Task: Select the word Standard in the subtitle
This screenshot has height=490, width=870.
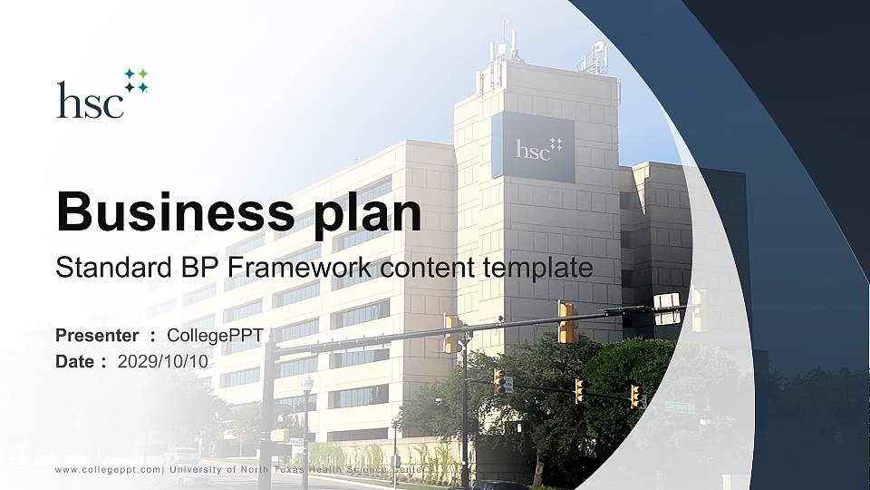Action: click(x=101, y=268)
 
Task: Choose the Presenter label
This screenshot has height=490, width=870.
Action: click(x=97, y=336)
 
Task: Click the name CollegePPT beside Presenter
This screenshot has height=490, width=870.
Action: click(x=215, y=336)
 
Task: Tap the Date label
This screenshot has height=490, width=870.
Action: click(x=75, y=361)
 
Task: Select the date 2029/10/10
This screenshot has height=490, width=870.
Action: click(x=163, y=361)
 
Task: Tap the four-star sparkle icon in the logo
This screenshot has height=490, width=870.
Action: click(x=136, y=80)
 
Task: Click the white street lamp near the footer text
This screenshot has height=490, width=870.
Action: click(x=307, y=386)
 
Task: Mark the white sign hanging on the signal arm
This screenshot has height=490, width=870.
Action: click(x=666, y=309)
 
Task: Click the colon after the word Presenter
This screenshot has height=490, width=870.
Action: click(x=153, y=336)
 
